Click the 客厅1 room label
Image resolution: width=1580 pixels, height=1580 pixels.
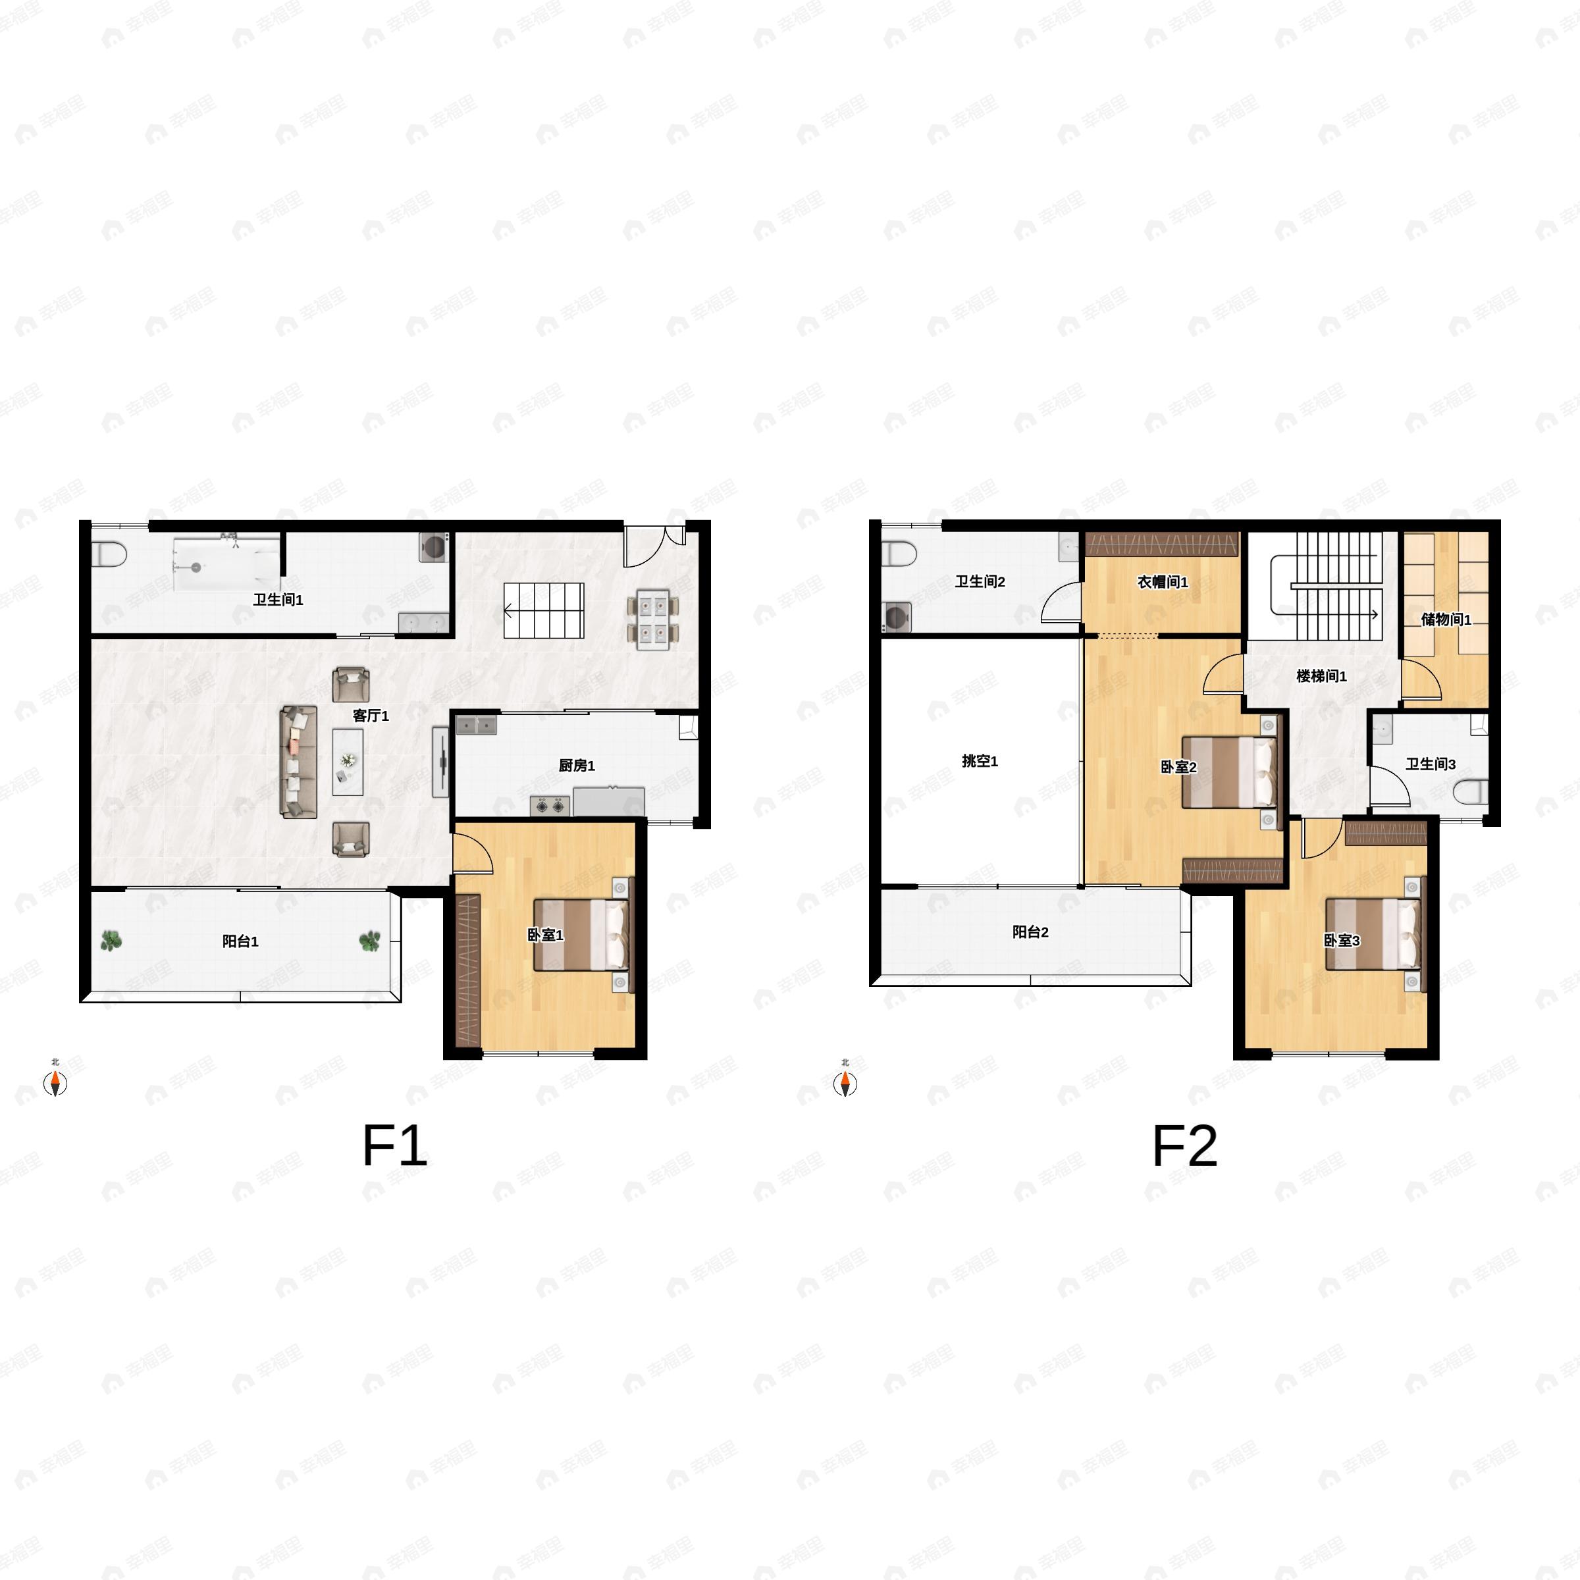click(x=371, y=716)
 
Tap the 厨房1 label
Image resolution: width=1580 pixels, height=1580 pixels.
click(x=577, y=766)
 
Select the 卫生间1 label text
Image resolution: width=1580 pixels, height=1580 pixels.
click(x=278, y=600)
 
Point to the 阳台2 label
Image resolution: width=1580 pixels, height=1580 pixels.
click(x=1030, y=932)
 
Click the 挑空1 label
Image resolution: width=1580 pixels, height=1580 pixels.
click(x=980, y=760)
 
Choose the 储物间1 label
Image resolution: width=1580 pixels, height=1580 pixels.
click(x=1446, y=619)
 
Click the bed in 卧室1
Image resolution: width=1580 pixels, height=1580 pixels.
click(x=581, y=935)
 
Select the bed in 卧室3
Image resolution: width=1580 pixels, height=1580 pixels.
click(x=1372, y=934)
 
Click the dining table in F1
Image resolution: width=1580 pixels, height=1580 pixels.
click(x=652, y=619)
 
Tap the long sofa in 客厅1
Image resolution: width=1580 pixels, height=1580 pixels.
click(x=298, y=762)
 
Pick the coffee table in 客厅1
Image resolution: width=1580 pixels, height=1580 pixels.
click(x=348, y=762)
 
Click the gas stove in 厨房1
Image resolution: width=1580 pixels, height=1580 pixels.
click(x=550, y=806)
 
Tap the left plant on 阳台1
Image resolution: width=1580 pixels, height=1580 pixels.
click(x=111, y=941)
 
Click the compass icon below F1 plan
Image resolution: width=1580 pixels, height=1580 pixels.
click(x=55, y=1083)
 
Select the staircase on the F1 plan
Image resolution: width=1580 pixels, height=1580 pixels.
click(x=543, y=610)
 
